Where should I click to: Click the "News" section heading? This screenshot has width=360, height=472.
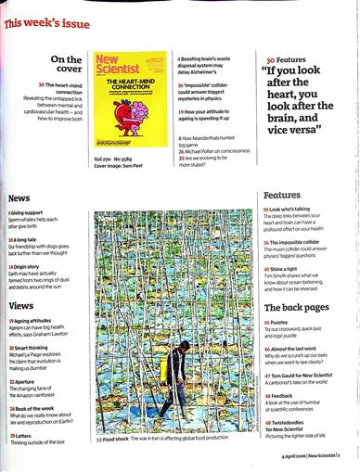click(19, 198)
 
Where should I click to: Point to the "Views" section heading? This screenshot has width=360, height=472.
click(21, 305)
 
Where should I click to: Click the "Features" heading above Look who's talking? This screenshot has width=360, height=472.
click(282, 196)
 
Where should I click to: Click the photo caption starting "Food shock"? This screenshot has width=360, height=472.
click(175, 440)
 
